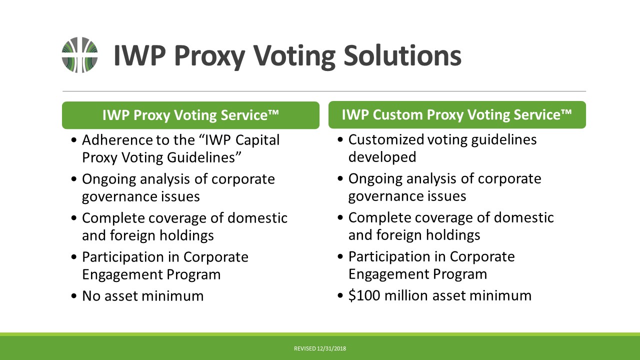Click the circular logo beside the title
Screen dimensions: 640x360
[x=79, y=55]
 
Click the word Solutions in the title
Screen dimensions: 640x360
[x=402, y=55]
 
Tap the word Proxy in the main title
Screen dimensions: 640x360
[x=209, y=56]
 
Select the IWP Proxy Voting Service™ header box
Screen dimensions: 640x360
[x=190, y=115]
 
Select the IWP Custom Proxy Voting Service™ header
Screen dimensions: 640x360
[x=457, y=114]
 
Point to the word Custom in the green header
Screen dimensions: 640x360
[x=397, y=115]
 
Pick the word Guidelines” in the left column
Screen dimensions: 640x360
[x=204, y=157]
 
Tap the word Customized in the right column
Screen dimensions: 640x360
[x=386, y=139]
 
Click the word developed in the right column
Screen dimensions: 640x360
[x=382, y=157]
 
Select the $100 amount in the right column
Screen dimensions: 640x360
[x=364, y=295]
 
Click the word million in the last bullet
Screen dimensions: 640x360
[x=405, y=295]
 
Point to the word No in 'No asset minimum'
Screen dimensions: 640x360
[x=91, y=296]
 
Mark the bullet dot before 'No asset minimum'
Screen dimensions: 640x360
[x=74, y=296]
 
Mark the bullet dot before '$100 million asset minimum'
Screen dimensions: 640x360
[x=340, y=295]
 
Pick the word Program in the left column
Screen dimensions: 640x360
[x=193, y=275]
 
